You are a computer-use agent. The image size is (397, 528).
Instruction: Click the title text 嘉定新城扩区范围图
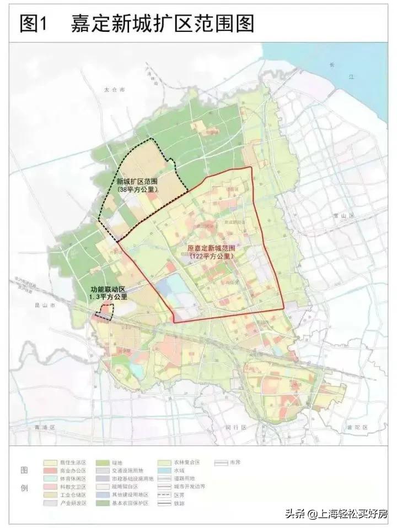163,23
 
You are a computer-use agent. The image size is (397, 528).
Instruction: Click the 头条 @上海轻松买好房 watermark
336,514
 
